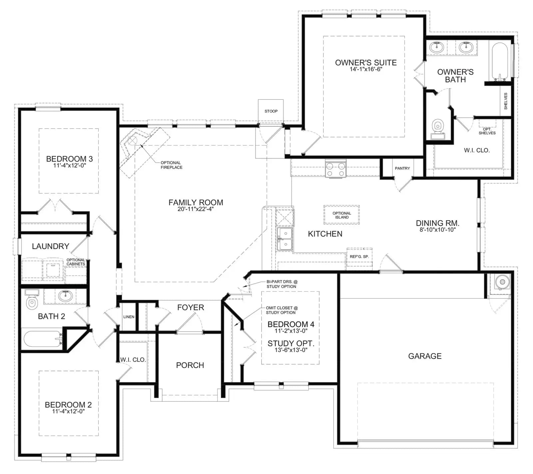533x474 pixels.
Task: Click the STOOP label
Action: pos(271,111)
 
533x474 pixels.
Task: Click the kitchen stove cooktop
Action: pos(336,169)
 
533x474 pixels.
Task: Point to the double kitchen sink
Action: pos(285,239)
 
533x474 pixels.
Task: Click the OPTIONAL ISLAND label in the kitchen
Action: pos(342,215)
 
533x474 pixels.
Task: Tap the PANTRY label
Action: pos(402,168)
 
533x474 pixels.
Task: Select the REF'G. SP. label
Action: pos(359,257)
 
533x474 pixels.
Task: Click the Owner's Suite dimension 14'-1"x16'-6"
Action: pos(366,69)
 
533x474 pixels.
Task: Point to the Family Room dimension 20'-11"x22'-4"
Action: pos(196,209)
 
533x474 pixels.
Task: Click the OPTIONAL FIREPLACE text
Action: pos(172,165)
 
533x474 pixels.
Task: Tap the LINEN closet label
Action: pos(129,317)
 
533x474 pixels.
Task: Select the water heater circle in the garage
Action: pos(502,282)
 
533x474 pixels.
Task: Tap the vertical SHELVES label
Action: pos(506,101)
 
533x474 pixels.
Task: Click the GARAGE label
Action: pos(425,356)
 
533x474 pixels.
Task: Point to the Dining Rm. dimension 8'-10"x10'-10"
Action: pos(437,230)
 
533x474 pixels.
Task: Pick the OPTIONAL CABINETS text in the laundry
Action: pos(76,262)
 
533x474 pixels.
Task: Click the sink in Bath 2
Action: pos(65,295)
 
